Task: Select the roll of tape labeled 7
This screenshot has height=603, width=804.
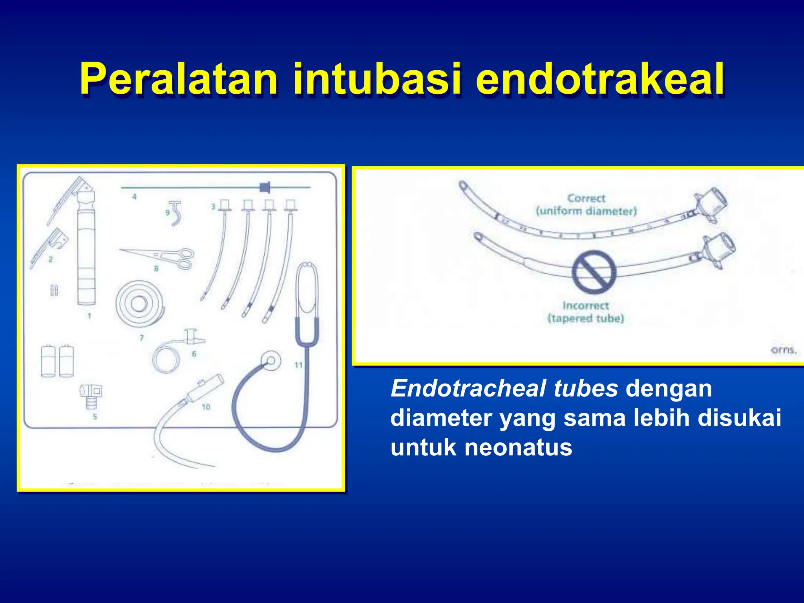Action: pyautogui.click(x=139, y=303)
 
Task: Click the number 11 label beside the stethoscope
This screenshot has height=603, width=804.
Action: pyautogui.click(x=299, y=365)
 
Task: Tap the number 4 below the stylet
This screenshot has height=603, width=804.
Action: pyautogui.click(x=134, y=196)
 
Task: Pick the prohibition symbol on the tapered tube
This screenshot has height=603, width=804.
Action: pyautogui.click(x=594, y=272)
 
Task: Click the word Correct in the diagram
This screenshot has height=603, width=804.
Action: pyautogui.click(x=587, y=198)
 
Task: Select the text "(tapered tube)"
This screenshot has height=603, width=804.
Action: pyautogui.click(x=586, y=318)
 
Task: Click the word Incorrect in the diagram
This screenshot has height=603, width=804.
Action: pyautogui.click(x=585, y=305)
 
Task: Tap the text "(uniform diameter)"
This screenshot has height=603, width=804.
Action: pyautogui.click(x=586, y=211)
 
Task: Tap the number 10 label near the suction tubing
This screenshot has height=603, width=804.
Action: pyautogui.click(x=206, y=407)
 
